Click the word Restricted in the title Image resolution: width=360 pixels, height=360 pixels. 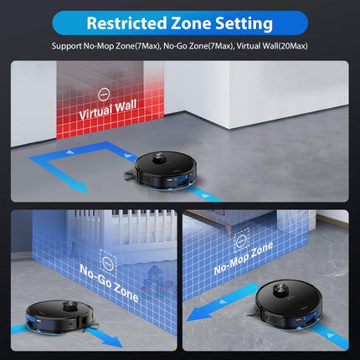click(126, 23)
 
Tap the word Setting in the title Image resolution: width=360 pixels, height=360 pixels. click(244, 23)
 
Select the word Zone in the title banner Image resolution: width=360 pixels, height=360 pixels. click(191, 23)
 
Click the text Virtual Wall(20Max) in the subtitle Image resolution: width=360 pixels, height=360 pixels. click(272, 46)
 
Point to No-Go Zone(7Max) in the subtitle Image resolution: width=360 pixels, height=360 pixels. click(198, 46)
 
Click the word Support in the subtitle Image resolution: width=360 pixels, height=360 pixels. click(67, 46)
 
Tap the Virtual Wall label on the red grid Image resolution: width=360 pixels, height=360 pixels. click(108, 110)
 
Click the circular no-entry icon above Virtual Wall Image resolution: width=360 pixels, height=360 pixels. click(104, 95)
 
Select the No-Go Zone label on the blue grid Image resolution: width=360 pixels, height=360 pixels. click(109, 283)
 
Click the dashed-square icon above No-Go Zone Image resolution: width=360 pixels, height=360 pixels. click(108, 261)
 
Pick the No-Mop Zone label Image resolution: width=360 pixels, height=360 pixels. click(244, 258)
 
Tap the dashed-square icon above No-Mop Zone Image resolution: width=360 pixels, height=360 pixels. click(241, 240)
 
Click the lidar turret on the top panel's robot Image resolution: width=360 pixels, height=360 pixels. click(159, 158)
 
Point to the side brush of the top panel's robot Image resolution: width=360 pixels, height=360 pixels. click(129, 176)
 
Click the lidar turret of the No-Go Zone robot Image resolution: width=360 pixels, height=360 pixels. click(69, 306)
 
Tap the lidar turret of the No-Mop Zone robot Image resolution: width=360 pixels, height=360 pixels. click(281, 291)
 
